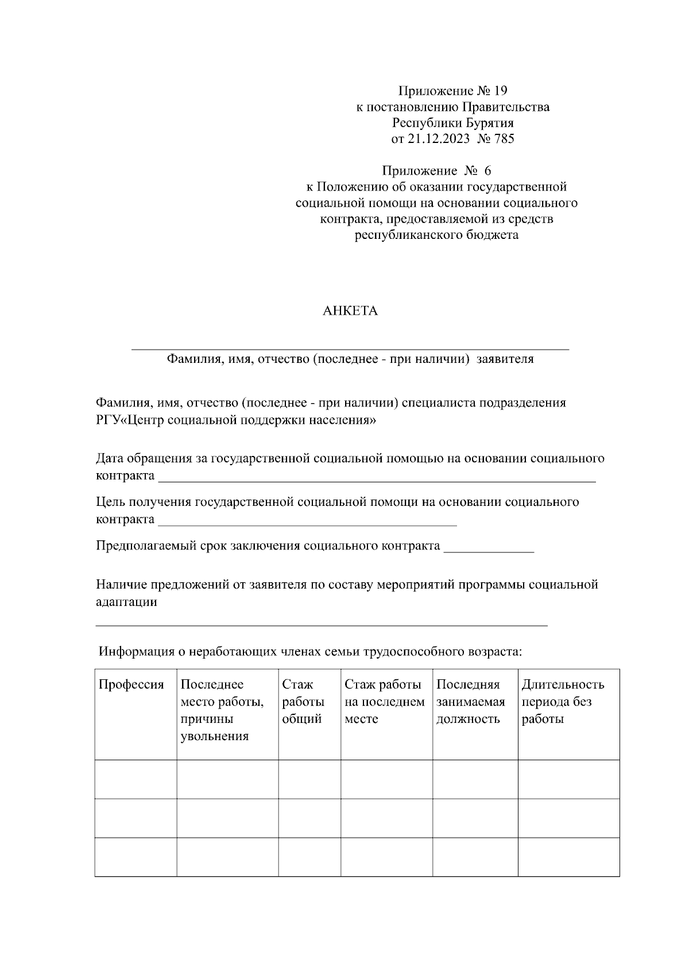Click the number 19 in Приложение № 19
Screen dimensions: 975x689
click(x=500, y=91)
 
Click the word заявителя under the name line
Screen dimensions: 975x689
click(x=505, y=359)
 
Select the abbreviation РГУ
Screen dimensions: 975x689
click(x=109, y=420)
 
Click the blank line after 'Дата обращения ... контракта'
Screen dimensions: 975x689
click(x=376, y=478)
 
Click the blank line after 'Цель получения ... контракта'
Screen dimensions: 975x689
click(x=307, y=521)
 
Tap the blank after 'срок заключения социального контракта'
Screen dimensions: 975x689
click(x=489, y=549)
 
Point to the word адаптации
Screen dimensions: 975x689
click(x=126, y=602)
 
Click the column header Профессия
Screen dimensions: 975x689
click(x=131, y=684)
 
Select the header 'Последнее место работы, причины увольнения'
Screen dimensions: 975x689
click(x=222, y=710)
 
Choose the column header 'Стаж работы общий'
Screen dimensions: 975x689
click(x=303, y=702)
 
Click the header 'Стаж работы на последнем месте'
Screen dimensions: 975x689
click(x=384, y=702)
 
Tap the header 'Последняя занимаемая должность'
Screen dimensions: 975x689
click(x=470, y=702)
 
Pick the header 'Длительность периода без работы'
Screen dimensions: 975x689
click(x=562, y=702)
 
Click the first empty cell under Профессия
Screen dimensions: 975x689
click(x=136, y=779)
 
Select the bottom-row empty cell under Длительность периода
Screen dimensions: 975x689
click(x=568, y=857)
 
